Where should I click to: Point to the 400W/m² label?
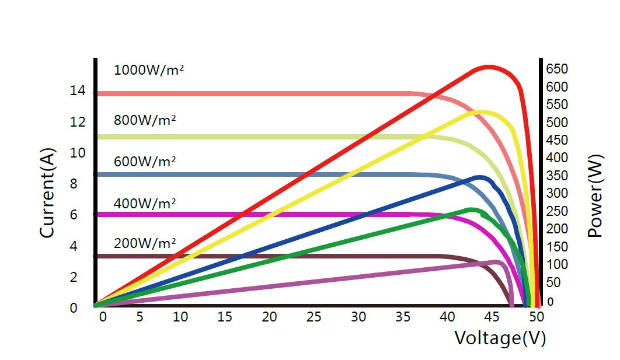145,204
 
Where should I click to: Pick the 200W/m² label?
145,243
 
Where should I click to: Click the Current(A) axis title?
47,192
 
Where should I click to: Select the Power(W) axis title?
595,207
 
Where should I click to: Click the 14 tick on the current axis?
78,91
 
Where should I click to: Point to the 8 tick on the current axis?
74,184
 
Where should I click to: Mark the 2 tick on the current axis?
74,277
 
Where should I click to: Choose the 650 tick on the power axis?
556,69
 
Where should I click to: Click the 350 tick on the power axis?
556,176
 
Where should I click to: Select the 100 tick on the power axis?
556,264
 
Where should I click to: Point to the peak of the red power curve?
489,67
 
